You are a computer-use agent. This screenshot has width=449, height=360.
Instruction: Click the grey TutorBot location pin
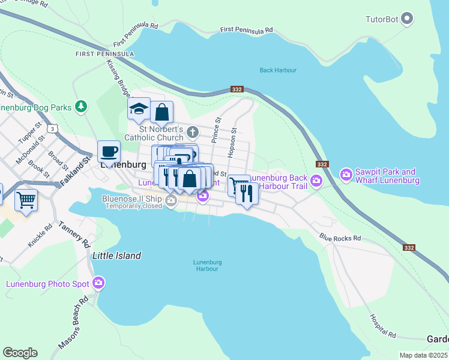[408, 19]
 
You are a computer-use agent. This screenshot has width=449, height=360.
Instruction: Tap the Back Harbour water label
[278, 70]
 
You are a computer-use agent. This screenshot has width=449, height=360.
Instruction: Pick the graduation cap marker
[139, 109]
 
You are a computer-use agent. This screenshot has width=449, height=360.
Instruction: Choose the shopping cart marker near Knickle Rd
[26, 200]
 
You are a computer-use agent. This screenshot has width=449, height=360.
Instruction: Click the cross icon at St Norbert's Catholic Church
[192, 131]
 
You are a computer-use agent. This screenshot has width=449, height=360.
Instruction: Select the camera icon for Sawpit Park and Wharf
[346, 175]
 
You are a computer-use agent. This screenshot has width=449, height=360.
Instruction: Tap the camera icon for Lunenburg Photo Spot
[98, 283]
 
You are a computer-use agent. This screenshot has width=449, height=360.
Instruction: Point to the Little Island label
[116, 256]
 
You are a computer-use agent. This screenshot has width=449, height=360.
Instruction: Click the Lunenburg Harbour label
[208, 265]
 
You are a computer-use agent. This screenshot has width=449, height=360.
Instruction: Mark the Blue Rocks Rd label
[340, 238]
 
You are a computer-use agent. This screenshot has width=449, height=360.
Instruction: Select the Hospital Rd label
[384, 326]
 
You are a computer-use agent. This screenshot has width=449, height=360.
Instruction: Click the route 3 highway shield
[54, 128]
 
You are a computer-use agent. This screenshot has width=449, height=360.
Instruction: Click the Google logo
[20, 353]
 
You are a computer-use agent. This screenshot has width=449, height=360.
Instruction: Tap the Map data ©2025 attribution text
[424, 355]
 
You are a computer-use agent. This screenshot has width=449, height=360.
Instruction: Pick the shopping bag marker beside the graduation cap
[161, 112]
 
